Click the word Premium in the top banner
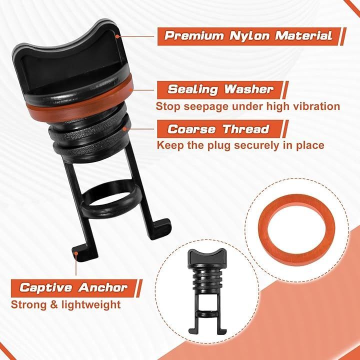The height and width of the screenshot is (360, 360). pyautogui.click(x=194, y=36)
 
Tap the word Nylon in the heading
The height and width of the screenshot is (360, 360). pyautogui.click(x=249, y=36)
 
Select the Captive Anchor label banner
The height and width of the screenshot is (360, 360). pyautogui.click(x=76, y=288)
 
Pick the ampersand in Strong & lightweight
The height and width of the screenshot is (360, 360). pyautogui.click(x=54, y=305)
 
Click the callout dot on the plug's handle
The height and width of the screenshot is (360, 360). pyautogui.click(x=117, y=36)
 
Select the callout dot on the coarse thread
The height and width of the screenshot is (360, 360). pyautogui.click(x=124, y=129)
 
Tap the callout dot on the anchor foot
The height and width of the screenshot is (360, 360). pyautogui.click(x=76, y=253)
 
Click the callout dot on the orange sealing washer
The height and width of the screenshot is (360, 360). pyautogui.click(x=131, y=90)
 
